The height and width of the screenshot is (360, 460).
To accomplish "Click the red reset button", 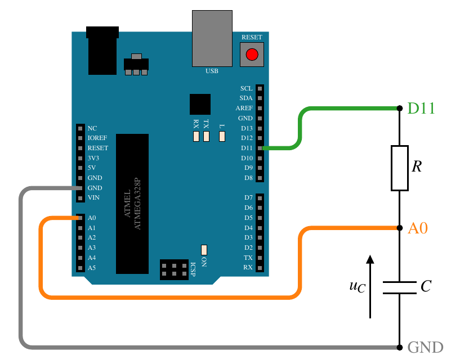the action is click(x=252, y=55).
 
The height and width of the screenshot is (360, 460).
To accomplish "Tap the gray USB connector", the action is click(x=212, y=38).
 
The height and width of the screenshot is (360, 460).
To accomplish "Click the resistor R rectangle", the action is click(x=400, y=168).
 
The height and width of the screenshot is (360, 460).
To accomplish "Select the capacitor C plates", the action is click(x=400, y=287).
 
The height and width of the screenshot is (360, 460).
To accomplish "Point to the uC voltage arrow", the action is click(x=370, y=286).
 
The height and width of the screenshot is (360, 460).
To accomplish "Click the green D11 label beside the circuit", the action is click(x=421, y=108).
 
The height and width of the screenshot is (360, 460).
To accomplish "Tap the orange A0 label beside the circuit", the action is click(x=418, y=228).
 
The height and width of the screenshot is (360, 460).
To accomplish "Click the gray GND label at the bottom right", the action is click(x=425, y=348).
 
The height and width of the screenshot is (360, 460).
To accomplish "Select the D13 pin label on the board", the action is click(x=247, y=128).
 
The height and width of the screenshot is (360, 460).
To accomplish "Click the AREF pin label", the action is click(x=244, y=108).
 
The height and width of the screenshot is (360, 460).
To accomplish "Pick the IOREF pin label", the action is click(x=97, y=138).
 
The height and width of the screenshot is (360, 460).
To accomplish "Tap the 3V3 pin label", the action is click(x=93, y=158).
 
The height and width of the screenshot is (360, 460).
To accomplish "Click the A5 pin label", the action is click(x=92, y=268).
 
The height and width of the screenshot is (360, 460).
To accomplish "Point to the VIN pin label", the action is click(x=93, y=197).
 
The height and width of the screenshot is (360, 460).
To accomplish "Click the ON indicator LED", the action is click(x=204, y=250).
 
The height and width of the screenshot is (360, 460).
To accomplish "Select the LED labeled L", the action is click(x=222, y=136).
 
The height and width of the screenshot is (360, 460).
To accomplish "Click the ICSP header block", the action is click(x=175, y=269).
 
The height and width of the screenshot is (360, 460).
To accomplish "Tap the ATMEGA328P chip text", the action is click(x=137, y=204).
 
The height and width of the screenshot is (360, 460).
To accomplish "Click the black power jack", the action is click(x=102, y=51).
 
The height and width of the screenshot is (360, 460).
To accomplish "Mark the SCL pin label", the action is click(x=247, y=88).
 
